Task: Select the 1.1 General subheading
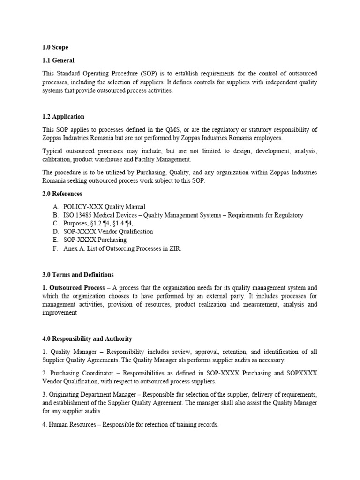[58, 60]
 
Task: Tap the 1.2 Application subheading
[63, 117]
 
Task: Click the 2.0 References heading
[62, 194]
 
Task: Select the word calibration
[57, 160]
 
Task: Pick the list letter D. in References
[56, 232]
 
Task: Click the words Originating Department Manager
[93, 395]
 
